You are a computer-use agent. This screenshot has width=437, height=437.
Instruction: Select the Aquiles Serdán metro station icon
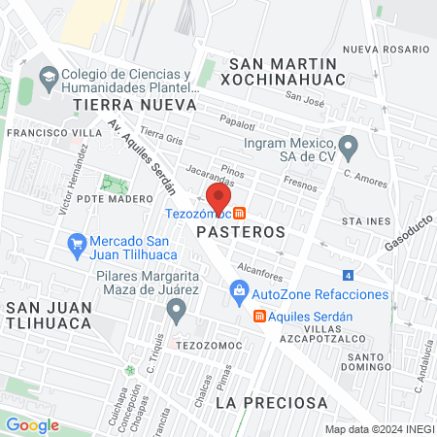(x=259, y=316)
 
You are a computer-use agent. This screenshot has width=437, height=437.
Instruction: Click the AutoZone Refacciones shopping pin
(x=238, y=290)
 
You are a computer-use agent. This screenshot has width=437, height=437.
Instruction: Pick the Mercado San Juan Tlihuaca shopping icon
(x=76, y=243)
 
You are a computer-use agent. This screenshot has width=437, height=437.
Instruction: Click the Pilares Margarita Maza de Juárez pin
(x=176, y=311)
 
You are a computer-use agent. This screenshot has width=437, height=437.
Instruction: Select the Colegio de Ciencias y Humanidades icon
(x=46, y=76)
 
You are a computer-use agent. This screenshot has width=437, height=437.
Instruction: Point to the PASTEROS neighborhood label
(x=240, y=233)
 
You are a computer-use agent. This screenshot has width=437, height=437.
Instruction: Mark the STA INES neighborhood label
(x=365, y=221)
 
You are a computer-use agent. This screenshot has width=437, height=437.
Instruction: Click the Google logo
(x=32, y=424)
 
